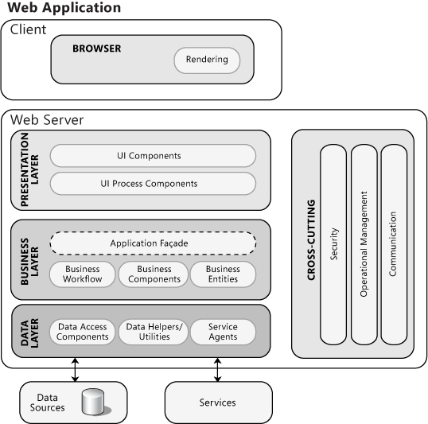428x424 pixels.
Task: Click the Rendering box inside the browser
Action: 206,60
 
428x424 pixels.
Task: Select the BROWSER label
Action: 97,49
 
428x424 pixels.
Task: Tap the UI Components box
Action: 153,156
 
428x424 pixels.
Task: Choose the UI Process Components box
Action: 153,184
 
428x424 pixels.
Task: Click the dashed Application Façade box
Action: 153,243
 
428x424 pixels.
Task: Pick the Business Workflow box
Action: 83,274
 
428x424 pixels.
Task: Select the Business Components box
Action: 154,274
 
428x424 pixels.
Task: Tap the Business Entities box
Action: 223,274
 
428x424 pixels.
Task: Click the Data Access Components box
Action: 83,332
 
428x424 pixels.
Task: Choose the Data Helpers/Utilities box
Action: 154,332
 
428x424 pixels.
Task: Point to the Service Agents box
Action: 223,332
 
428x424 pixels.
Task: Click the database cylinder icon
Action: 94,402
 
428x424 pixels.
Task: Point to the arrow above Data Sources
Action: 75,364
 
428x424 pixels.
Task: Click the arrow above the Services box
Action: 217,364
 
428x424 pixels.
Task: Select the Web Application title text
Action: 64,8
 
